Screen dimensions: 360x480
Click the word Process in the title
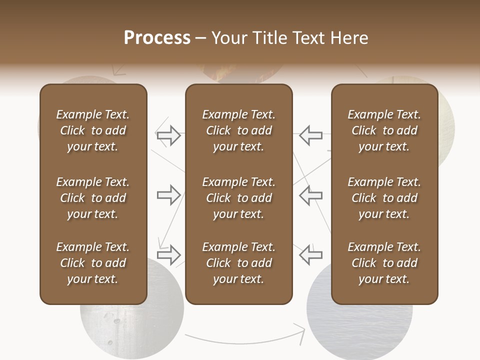[x=157, y=38]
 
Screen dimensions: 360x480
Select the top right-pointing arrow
[x=168, y=135]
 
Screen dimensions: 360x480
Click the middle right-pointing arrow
[x=168, y=195]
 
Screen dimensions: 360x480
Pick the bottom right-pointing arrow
[x=168, y=255]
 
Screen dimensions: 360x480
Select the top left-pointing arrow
[x=311, y=135]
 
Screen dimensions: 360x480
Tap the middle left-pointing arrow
[x=311, y=195]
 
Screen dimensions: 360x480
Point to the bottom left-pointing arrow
[x=311, y=255]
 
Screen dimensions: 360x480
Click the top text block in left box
[x=92, y=130]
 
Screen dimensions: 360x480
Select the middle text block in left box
[x=92, y=198]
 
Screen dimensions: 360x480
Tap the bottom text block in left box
[x=92, y=263]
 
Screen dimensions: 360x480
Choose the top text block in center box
[x=238, y=130]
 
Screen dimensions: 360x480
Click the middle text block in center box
[x=238, y=198]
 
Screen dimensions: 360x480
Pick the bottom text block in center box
[x=238, y=263]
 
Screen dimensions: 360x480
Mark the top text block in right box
[x=384, y=130]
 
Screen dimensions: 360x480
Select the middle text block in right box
[x=384, y=198]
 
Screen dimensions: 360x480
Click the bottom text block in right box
[x=384, y=263]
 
